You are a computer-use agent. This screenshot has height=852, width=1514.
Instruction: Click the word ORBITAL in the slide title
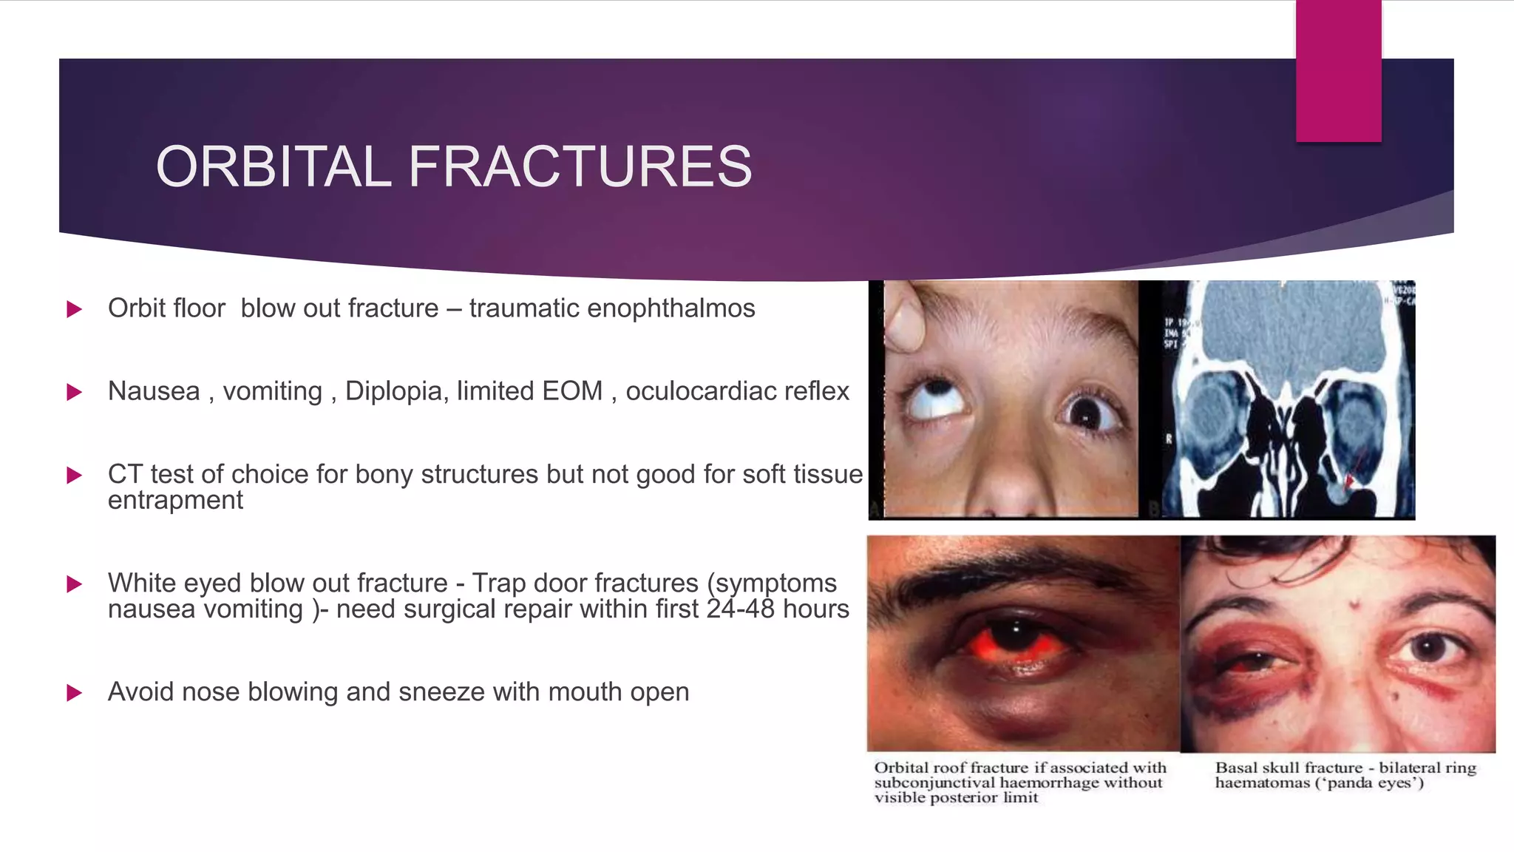click(x=273, y=166)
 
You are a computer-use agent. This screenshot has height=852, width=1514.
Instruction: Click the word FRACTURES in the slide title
click(x=580, y=166)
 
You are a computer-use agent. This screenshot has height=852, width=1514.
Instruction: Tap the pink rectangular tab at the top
click(x=1338, y=70)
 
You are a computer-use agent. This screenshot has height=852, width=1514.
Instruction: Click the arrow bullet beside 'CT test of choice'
click(x=74, y=475)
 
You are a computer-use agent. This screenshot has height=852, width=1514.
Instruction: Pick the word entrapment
click(x=175, y=501)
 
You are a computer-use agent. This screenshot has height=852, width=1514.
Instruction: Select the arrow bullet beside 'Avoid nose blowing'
click(x=74, y=693)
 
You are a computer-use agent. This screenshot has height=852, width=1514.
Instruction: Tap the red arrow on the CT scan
click(x=1350, y=479)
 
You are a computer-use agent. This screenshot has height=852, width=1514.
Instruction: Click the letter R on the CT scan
click(x=1169, y=439)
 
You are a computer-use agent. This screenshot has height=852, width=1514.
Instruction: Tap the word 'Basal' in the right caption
click(x=1236, y=768)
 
